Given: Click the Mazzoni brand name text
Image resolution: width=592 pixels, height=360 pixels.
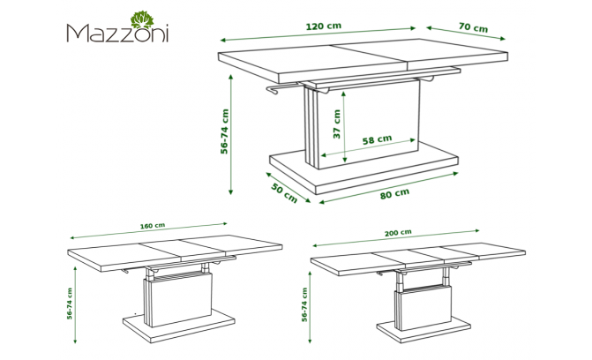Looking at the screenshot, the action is tap(117, 34).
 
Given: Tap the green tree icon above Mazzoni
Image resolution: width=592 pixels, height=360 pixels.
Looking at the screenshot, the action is tap(142, 19).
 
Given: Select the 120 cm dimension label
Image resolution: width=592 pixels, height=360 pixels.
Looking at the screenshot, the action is tap(324, 26).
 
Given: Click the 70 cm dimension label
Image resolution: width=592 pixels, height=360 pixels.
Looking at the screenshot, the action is tap(473, 27).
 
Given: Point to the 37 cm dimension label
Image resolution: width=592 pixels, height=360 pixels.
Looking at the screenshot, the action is tap(337, 124).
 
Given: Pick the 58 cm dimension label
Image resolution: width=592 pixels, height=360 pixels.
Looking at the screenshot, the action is tap(378, 139).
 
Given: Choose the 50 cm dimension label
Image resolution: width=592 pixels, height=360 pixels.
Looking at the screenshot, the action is tap(284, 192).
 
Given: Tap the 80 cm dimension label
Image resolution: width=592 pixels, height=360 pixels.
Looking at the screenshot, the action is tap(394, 193).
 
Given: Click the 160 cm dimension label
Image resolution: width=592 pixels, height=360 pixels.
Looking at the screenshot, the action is tap(153, 226).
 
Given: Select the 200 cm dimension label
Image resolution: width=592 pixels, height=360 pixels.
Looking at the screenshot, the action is tap(398, 233).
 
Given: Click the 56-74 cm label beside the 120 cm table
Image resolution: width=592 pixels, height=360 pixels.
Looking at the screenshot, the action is tap(225, 131).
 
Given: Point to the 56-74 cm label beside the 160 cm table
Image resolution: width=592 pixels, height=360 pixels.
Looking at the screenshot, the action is tap(70, 304).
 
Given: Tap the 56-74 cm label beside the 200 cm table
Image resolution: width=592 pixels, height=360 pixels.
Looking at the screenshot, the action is tap(304, 304).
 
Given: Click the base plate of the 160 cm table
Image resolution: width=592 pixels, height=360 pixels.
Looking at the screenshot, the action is tap(178, 327).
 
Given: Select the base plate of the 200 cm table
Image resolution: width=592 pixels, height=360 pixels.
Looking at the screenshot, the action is tap(423, 331).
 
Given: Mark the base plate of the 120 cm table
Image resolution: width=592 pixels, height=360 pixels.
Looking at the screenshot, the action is tap(363, 169).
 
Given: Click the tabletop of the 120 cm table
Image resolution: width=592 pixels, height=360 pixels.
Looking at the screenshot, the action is tap(363, 60).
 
